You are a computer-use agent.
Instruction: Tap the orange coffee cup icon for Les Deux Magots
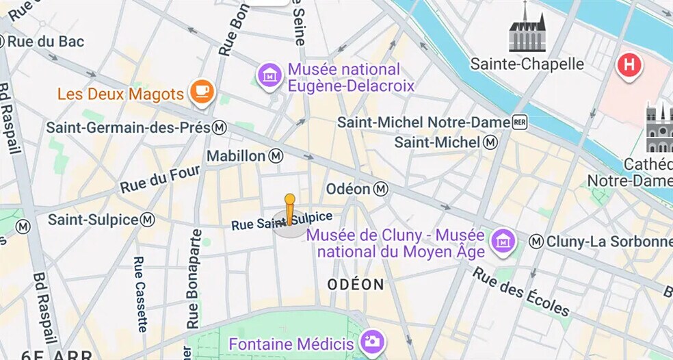pyautogui.click(x=201, y=92)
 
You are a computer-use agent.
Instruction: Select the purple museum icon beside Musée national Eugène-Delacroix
pyautogui.click(x=269, y=76)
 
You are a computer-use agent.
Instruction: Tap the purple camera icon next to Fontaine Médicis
pyautogui.click(x=373, y=342)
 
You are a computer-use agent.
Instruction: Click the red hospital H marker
pyautogui.click(x=629, y=66)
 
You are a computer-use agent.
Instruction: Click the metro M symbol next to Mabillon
pyautogui.click(x=276, y=156)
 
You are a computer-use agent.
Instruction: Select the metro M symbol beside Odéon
pyautogui.click(x=382, y=188)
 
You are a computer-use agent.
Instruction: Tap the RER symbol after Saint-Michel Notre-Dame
pyautogui.click(x=521, y=122)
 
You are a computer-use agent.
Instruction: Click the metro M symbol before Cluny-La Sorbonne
pyautogui.click(x=537, y=242)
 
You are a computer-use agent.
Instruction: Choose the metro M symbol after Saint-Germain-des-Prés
pyautogui.click(x=220, y=128)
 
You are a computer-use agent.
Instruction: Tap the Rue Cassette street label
pyautogui.click(x=141, y=294)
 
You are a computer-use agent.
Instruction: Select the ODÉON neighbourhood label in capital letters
pyautogui.click(x=356, y=284)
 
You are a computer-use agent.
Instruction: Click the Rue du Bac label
pyautogui.click(x=46, y=42)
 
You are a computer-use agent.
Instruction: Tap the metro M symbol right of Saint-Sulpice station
pyautogui.click(x=147, y=220)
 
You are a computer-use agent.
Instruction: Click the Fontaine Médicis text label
pyautogui.click(x=291, y=344)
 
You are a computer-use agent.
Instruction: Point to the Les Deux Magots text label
pyautogui.click(x=120, y=94)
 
